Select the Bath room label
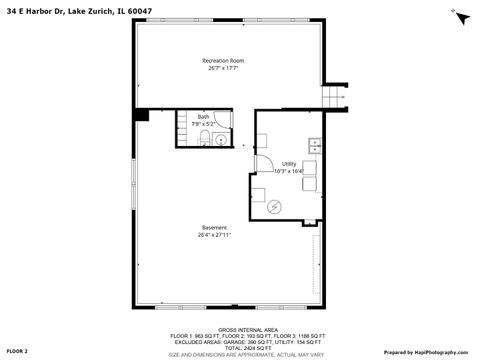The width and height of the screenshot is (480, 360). (x=204, y=117)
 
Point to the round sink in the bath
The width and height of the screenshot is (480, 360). (x=206, y=141)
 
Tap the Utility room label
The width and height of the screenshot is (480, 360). (x=288, y=163)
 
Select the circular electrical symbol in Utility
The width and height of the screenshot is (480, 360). (x=275, y=206)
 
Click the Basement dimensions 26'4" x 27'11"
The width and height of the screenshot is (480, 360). (x=212, y=235)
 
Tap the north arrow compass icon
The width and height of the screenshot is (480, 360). (x=460, y=16)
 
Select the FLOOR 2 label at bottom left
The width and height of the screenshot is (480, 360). (x=18, y=351)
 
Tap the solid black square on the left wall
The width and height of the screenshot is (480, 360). (x=142, y=115)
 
